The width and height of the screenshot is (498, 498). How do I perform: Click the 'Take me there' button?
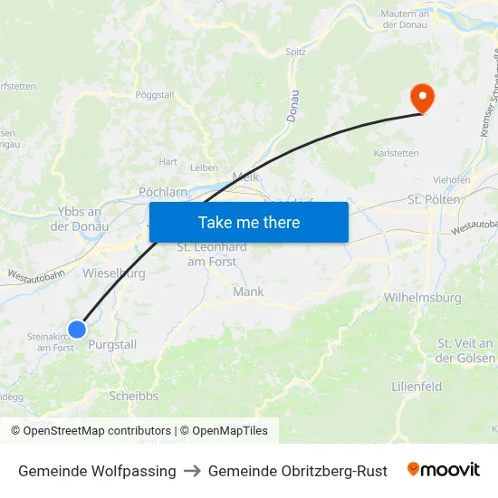pyautogui.click(x=248, y=222)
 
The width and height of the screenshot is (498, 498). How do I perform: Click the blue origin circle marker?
pyautogui.click(x=77, y=329)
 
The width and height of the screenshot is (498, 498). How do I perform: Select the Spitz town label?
pyautogui.click(x=296, y=53)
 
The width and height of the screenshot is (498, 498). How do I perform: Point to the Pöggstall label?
pyautogui.click(x=154, y=94)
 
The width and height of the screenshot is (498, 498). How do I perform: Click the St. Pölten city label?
pyautogui.click(x=434, y=199)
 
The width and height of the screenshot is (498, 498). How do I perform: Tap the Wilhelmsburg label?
pyautogui.click(x=422, y=297)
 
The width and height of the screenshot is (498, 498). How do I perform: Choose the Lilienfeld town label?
pyautogui.click(x=417, y=387)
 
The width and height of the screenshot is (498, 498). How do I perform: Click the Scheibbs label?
pyautogui.click(x=133, y=396)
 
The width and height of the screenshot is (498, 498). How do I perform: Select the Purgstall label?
pyautogui.click(x=112, y=345)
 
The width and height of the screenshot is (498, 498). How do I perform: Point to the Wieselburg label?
pyautogui.click(x=114, y=272)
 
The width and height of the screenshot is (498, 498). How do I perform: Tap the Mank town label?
pyautogui.click(x=248, y=292)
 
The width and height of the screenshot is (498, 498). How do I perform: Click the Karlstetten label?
pyautogui.click(x=397, y=153)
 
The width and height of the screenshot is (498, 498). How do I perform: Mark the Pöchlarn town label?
pyautogui.click(x=163, y=192)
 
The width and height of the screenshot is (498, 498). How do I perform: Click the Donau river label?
pyautogui.click(x=292, y=107)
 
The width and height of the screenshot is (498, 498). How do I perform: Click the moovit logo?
pyautogui.click(x=444, y=470)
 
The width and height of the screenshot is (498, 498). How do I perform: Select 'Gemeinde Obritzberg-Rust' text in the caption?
pyautogui.click(x=297, y=471)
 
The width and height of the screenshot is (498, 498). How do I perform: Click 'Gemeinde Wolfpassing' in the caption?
pyautogui.click(x=97, y=471)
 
